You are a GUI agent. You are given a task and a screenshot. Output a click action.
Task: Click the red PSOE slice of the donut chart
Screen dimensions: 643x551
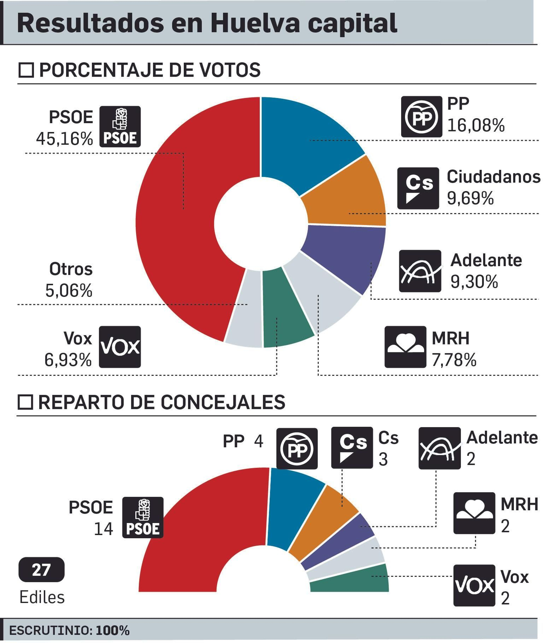tap(176, 224)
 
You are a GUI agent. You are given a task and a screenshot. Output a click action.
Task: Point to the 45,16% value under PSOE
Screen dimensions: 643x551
tap(64, 139)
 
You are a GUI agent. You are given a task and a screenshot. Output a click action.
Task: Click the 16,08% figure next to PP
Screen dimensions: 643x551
tap(476, 125)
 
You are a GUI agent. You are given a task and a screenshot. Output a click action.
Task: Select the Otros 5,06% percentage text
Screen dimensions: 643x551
tap(69, 291)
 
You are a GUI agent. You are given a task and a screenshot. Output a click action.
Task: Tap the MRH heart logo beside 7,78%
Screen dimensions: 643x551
tap(405, 346)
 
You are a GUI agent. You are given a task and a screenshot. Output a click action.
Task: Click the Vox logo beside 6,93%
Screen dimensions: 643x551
tap(120, 346)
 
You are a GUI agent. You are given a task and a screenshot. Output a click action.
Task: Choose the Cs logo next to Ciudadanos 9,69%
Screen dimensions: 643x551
tap(418, 188)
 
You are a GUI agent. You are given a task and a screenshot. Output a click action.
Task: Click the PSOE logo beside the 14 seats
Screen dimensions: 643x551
tap(143, 517)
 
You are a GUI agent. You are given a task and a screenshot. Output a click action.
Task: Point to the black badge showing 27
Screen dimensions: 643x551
tap(41, 570)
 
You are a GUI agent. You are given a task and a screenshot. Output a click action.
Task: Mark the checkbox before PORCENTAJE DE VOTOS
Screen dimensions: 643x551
tap(26, 70)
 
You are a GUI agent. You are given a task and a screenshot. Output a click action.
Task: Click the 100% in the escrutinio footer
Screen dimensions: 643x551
tap(112, 630)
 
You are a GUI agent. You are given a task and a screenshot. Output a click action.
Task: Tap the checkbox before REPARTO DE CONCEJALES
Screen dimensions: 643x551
tap(25, 402)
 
